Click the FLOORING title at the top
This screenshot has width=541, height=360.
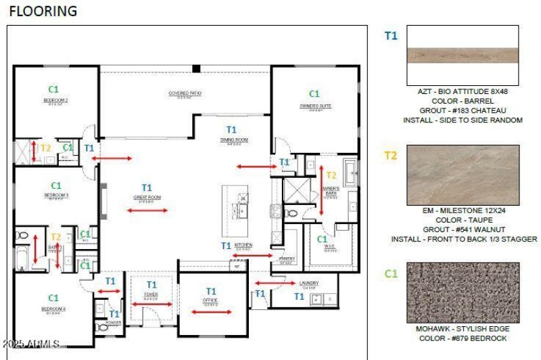[x=43, y=11]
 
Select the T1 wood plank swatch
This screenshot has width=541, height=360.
[x=463, y=55]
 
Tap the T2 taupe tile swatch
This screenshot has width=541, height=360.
[x=463, y=175]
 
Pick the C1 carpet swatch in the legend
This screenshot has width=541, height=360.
[x=463, y=292]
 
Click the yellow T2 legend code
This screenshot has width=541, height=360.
[x=390, y=156]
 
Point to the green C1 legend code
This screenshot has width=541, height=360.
[x=390, y=273]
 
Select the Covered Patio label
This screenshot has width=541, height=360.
[x=185, y=93]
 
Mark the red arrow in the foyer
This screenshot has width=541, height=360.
[x=151, y=304]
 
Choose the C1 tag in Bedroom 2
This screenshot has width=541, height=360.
[x=53, y=89]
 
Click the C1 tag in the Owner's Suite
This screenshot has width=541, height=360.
[x=314, y=94]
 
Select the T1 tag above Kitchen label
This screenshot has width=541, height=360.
[x=226, y=245]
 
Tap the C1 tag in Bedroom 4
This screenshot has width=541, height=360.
[x=53, y=298]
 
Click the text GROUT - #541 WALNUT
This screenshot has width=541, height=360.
[x=463, y=229]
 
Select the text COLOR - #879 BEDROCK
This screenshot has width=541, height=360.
[x=463, y=338]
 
